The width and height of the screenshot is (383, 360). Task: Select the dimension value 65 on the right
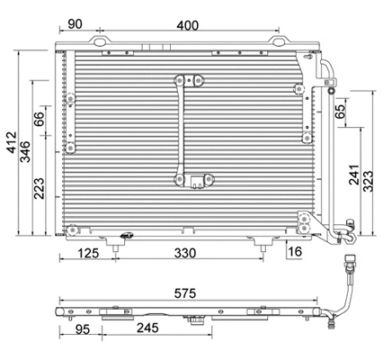pyautogui.click(x=341, y=112)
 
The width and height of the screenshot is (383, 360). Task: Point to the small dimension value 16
pyautogui.click(x=295, y=252)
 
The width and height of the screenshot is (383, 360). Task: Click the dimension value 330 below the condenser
pyautogui.click(x=186, y=254)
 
